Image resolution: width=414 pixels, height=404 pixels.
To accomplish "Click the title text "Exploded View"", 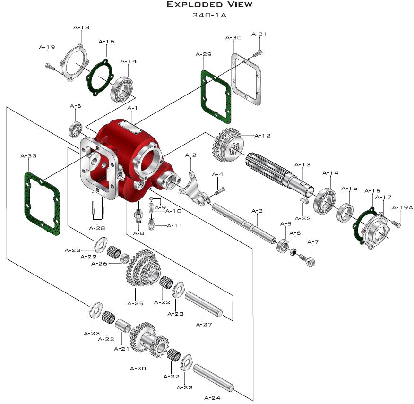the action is (210, 5).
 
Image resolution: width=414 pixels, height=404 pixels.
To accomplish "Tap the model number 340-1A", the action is (209, 15).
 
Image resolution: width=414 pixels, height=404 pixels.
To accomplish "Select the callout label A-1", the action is (132, 108).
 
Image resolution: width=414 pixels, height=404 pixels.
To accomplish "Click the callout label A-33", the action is (28, 156).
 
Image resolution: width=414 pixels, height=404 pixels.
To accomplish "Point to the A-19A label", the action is (402, 208).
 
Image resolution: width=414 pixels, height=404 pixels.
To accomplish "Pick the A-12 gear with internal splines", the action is (228, 145).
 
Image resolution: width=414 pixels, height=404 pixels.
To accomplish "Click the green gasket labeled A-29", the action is (216, 97).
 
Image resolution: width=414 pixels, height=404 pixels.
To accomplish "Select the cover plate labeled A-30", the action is (246, 79).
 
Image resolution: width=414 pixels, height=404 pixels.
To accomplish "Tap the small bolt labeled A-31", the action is (258, 53).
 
